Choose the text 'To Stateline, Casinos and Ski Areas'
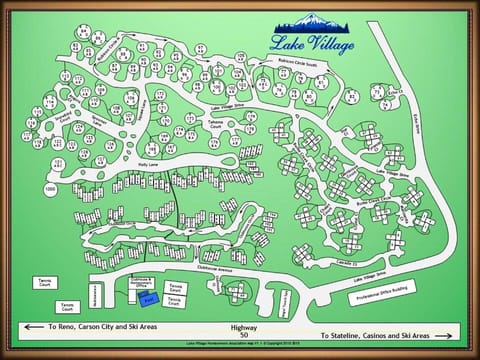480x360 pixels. click(376, 335)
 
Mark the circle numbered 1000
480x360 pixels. click(50, 188)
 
